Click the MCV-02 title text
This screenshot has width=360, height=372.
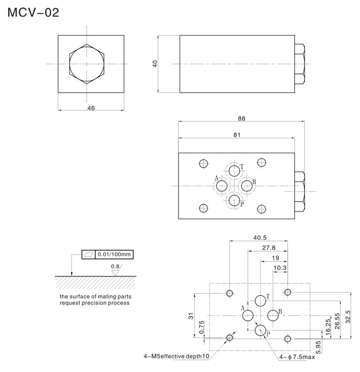click(33, 12)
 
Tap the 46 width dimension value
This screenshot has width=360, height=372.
click(91, 108)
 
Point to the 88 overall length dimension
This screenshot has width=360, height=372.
click(242, 118)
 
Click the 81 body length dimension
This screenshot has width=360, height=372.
click(237, 135)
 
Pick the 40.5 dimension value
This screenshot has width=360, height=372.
click(260, 238)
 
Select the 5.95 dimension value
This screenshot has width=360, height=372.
click(319, 348)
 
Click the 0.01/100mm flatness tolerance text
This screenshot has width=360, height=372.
click(115, 254)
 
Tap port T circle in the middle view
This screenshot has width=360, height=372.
click(235, 171)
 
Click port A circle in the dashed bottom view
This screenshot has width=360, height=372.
click(248, 315)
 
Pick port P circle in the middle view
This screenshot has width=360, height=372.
click(235, 200)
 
